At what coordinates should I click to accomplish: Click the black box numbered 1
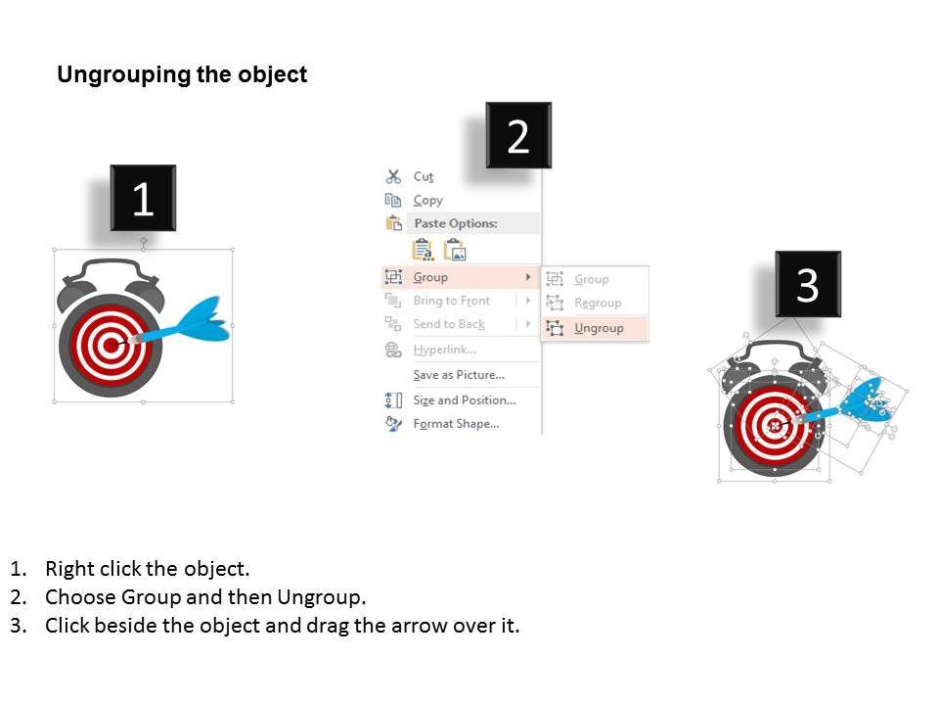pos(143,198)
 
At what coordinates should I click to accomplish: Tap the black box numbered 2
pos(518,135)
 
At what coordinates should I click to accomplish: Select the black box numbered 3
pos(808,284)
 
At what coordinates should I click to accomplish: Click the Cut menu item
pos(423,177)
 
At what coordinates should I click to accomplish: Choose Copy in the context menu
pos(427,200)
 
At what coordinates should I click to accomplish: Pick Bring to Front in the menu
pos(452,301)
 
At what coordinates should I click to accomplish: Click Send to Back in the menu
pos(449,324)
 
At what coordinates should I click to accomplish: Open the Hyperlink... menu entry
pos(445,350)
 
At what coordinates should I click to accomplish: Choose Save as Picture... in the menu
pos(459,375)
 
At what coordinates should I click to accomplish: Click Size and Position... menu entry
pos(464,400)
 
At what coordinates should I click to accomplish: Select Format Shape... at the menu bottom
pos(456,424)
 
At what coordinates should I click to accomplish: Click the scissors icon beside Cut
pos(393,176)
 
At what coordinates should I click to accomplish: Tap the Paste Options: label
pos(456,223)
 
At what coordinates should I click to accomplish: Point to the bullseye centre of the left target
pos(111,346)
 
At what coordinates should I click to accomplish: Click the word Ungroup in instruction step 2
pos(321,597)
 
